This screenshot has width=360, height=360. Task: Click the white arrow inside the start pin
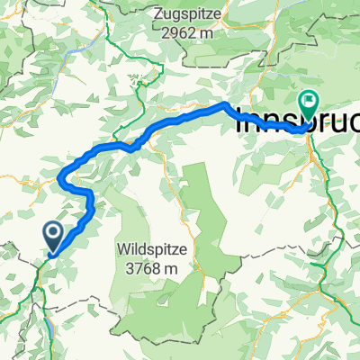[x=54, y=235]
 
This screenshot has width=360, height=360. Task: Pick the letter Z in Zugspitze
[x=159, y=15]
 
